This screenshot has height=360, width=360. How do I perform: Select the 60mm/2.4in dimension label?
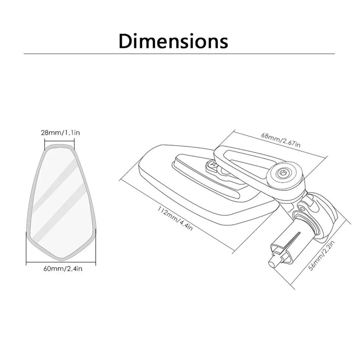pos(60,268)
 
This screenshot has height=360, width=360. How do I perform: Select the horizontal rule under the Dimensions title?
pos(179,54)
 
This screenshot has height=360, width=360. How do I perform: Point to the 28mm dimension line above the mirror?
pos(59,140)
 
